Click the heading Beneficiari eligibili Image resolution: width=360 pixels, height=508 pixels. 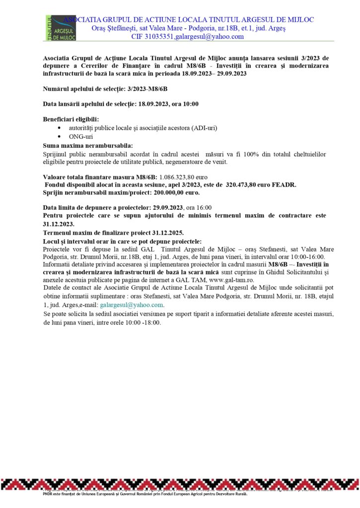point(71,119)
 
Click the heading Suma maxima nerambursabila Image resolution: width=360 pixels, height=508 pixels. point(88,145)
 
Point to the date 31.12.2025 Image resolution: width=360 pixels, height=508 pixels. point(166,232)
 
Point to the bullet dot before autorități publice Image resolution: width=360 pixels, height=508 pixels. point(60,128)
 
